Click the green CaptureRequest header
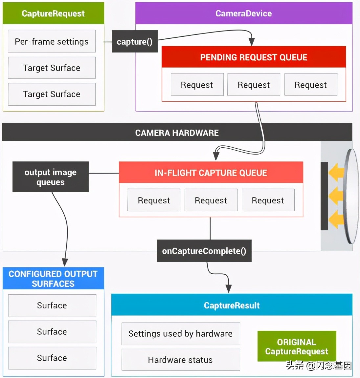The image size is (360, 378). tap(53, 13)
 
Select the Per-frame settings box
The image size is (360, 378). tap(52, 41)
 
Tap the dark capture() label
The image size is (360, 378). tap(135, 42)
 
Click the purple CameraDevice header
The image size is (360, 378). tap(243, 13)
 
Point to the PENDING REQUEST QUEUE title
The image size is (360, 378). tap(254, 57)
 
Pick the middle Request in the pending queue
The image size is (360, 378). tap(254, 85)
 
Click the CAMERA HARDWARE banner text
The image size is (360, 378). tap(177, 133)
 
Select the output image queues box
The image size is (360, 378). tap(51, 177)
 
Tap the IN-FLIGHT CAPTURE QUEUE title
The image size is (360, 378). tap(211, 173)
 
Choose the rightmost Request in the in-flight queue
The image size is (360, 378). tap(268, 200)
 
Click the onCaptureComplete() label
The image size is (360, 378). tap(204, 251)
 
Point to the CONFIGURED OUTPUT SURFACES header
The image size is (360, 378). tap(53, 279)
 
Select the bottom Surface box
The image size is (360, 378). tap(52, 358)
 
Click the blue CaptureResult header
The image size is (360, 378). tap(232, 305)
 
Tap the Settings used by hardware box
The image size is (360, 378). tap(181, 334)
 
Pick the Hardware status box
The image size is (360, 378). tap(181, 360)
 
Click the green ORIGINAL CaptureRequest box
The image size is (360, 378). tap(297, 346)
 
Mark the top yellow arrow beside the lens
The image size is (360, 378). tap(336, 173)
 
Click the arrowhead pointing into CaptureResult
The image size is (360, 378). tap(229, 289)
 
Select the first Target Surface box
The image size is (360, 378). tap(52, 68)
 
